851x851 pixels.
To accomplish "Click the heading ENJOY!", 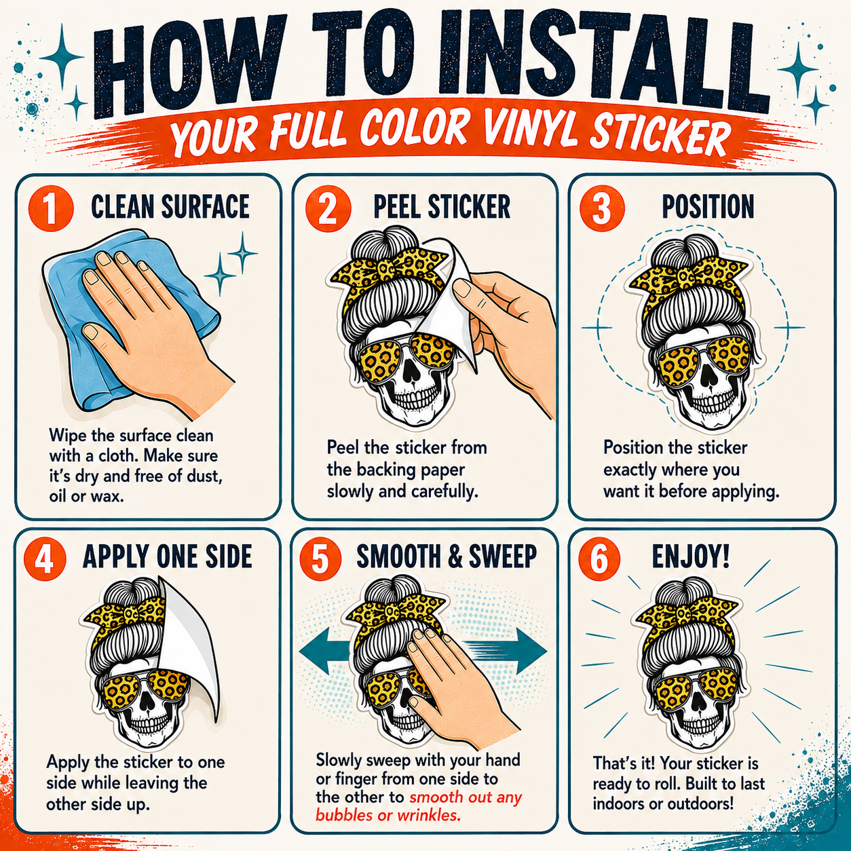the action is click(x=691, y=557).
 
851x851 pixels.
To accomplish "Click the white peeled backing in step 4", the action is click(x=192, y=654).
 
